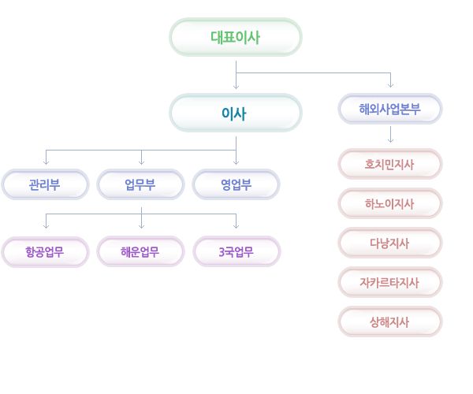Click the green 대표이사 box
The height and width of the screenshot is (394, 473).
[236, 37]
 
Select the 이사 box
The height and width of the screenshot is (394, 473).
[236, 113]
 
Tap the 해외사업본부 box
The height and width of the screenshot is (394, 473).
[390, 109]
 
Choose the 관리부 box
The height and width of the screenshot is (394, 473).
[45, 184]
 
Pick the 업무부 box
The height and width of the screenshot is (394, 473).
[140, 184]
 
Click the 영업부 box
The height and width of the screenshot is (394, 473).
[236, 184]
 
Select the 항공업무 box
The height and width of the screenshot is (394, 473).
[45, 251]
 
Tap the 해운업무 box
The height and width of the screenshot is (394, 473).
[140, 251]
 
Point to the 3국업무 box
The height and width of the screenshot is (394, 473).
[236, 251]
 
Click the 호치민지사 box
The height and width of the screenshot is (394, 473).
[390, 164]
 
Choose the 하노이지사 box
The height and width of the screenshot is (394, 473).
[390, 203]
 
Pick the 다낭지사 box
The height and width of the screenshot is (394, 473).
[390, 243]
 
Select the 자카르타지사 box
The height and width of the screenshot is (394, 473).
[390, 282]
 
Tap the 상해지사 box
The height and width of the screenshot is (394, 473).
[390, 322]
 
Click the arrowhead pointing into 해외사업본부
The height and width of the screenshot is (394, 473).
[391, 86]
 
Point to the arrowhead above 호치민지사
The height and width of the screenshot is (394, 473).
[391, 141]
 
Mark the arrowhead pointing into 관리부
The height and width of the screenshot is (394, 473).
[46, 163]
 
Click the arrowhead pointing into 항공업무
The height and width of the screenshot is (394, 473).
[46, 227]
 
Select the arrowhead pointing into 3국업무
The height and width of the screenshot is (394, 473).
[236, 227]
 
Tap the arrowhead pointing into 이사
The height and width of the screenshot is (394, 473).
[236, 87]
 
